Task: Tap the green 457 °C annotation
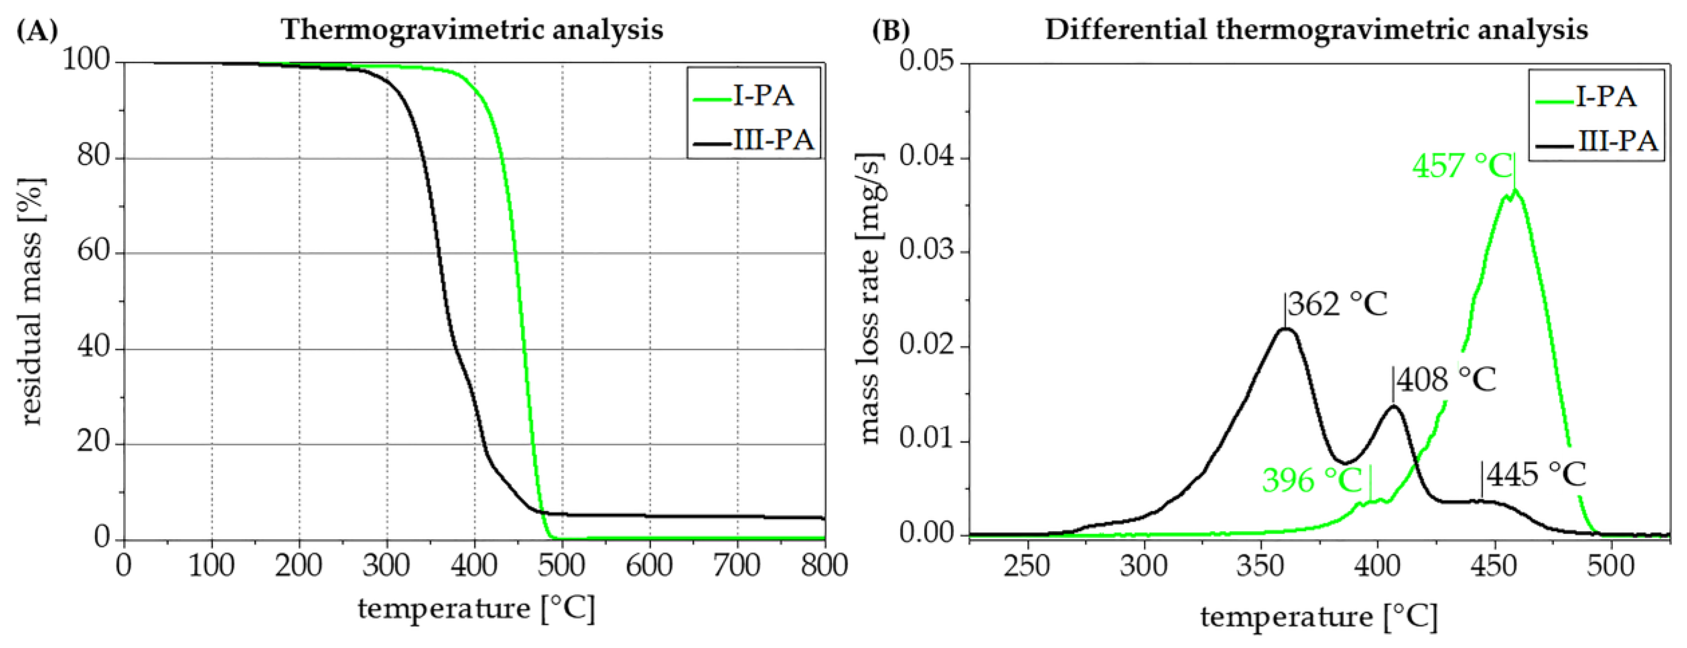coord(1462,166)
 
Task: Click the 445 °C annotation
coord(1536,474)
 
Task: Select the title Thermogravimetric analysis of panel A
coord(472,30)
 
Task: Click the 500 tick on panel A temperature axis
coord(562,565)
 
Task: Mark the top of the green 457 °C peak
coord(1514,191)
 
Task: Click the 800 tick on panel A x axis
coord(823,565)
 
